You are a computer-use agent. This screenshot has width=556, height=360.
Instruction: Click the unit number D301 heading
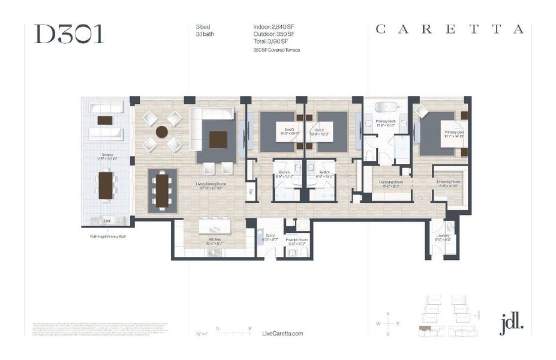tap(69, 34)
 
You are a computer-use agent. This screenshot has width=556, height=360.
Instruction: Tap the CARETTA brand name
tap(449, 29)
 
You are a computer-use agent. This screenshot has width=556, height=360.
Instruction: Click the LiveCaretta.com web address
tap(282, 334)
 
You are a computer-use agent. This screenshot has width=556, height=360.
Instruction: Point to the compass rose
tap(388, 324)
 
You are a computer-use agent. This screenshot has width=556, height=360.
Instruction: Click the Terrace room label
tap(107, 157)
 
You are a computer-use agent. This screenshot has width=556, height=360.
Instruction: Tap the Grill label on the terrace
tap(107, 221)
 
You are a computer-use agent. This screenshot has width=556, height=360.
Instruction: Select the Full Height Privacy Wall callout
tap(107, 236)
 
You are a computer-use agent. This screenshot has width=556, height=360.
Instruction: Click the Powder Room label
tap(296, 241)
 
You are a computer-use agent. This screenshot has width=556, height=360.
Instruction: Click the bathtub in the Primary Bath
tap(386, 109)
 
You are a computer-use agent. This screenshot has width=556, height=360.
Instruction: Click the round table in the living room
tap(162, 131)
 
